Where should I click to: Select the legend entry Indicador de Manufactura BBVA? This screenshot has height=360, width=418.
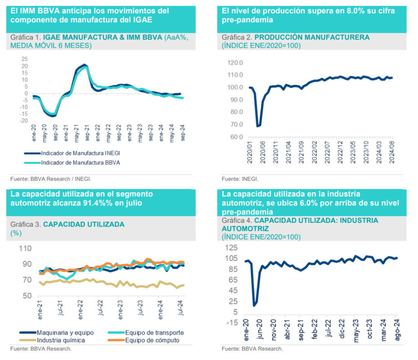point(79,162)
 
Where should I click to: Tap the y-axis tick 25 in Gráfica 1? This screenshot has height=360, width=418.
point(24,58)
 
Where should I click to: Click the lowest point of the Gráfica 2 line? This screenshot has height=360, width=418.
point(257,126)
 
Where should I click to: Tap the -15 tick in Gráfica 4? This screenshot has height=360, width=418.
point(233,323)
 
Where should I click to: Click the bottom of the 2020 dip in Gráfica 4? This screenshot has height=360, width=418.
point(254,305)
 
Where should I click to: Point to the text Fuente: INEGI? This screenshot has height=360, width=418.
point(240,179)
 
